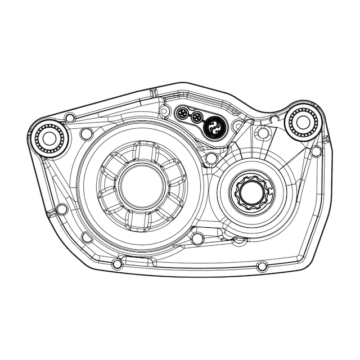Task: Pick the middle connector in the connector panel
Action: [196, 118]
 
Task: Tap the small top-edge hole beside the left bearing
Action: [69, 118]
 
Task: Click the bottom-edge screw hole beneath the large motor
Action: [117, 264]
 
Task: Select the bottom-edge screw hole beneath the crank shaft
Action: [261, 265]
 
